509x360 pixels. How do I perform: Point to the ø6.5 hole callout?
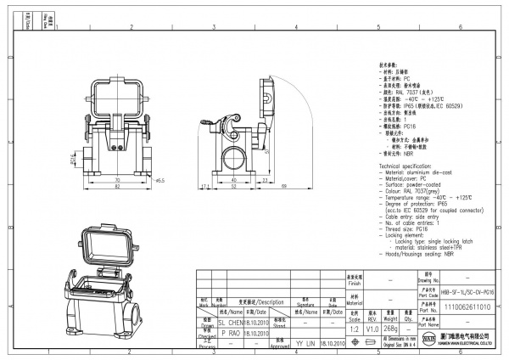(x=159, y=181)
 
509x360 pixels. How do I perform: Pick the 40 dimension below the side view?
(x=233, y=181)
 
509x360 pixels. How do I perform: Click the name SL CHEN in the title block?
(x=230, y=323)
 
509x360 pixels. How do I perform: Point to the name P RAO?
(x=230, y=334)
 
